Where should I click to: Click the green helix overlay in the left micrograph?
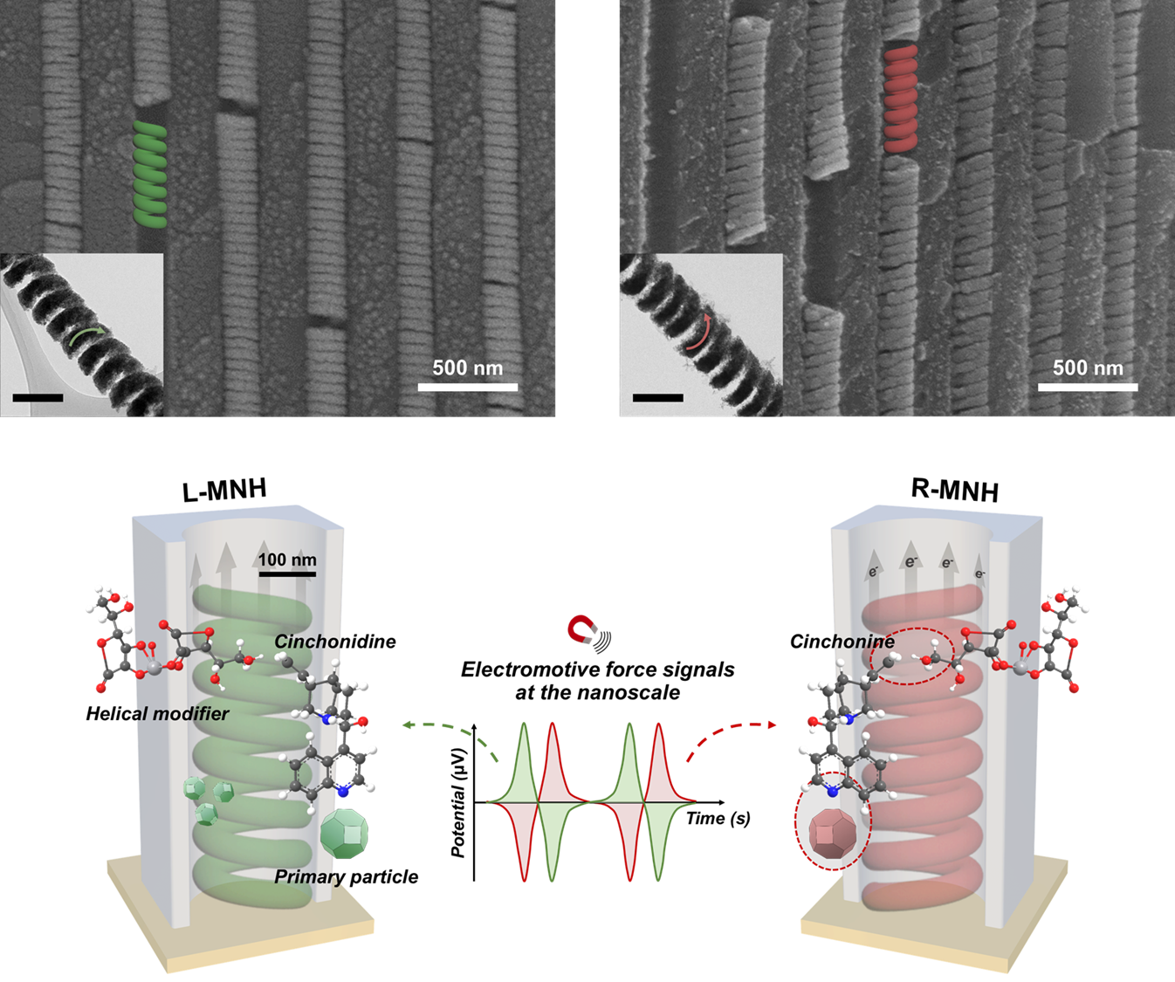pos(150,175)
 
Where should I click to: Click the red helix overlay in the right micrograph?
pos(901,99)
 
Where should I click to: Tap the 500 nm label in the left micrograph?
pos(467,367)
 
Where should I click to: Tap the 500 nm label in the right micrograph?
pos(1088,367)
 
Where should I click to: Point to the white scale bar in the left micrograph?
pos(467,387)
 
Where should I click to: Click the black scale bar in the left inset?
pos(38,398)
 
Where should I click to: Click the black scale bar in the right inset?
pos(657,398)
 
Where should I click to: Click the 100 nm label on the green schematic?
pos(287,560)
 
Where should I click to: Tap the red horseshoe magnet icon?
pos(582,629)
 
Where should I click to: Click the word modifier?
pos(190,714)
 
